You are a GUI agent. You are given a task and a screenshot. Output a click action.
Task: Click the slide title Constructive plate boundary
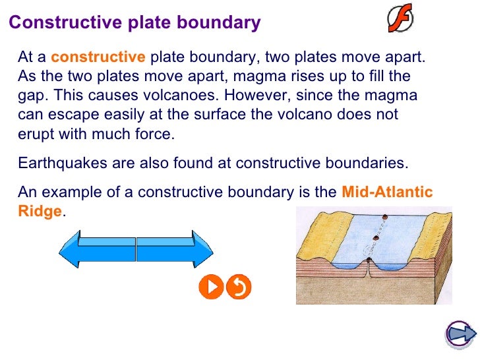click(135, 23)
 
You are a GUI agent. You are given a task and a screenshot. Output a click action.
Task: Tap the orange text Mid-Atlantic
click(387, 193)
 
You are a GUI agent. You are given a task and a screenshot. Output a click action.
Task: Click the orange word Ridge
click(40, 212)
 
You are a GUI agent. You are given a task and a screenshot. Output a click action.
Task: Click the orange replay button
click(239, 287)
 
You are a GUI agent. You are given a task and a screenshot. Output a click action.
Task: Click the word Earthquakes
click(59, 162)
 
